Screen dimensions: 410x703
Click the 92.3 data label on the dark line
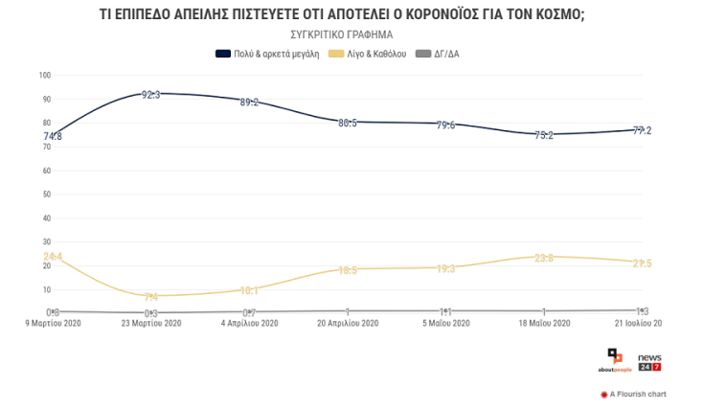tap(150, 94)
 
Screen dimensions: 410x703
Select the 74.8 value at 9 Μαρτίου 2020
tap(53, 136)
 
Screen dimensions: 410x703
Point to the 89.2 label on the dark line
tap(248, 102)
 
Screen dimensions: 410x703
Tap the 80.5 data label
tap(349, 123)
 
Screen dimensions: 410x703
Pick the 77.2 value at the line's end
tap(642, 130)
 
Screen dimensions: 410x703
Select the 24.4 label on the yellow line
tap(53, 257)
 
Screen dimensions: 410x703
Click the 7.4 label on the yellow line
tap(150, 297)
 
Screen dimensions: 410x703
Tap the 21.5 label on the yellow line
tap(642, 262)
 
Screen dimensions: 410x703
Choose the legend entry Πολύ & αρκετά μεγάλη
tap(267, 54)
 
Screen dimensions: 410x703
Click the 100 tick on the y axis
tap(44, 75)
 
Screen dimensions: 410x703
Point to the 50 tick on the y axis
tap(46, 194)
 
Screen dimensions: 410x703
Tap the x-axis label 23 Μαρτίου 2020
tap(150, 323)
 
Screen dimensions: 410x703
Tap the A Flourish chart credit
tap(633, 394)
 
